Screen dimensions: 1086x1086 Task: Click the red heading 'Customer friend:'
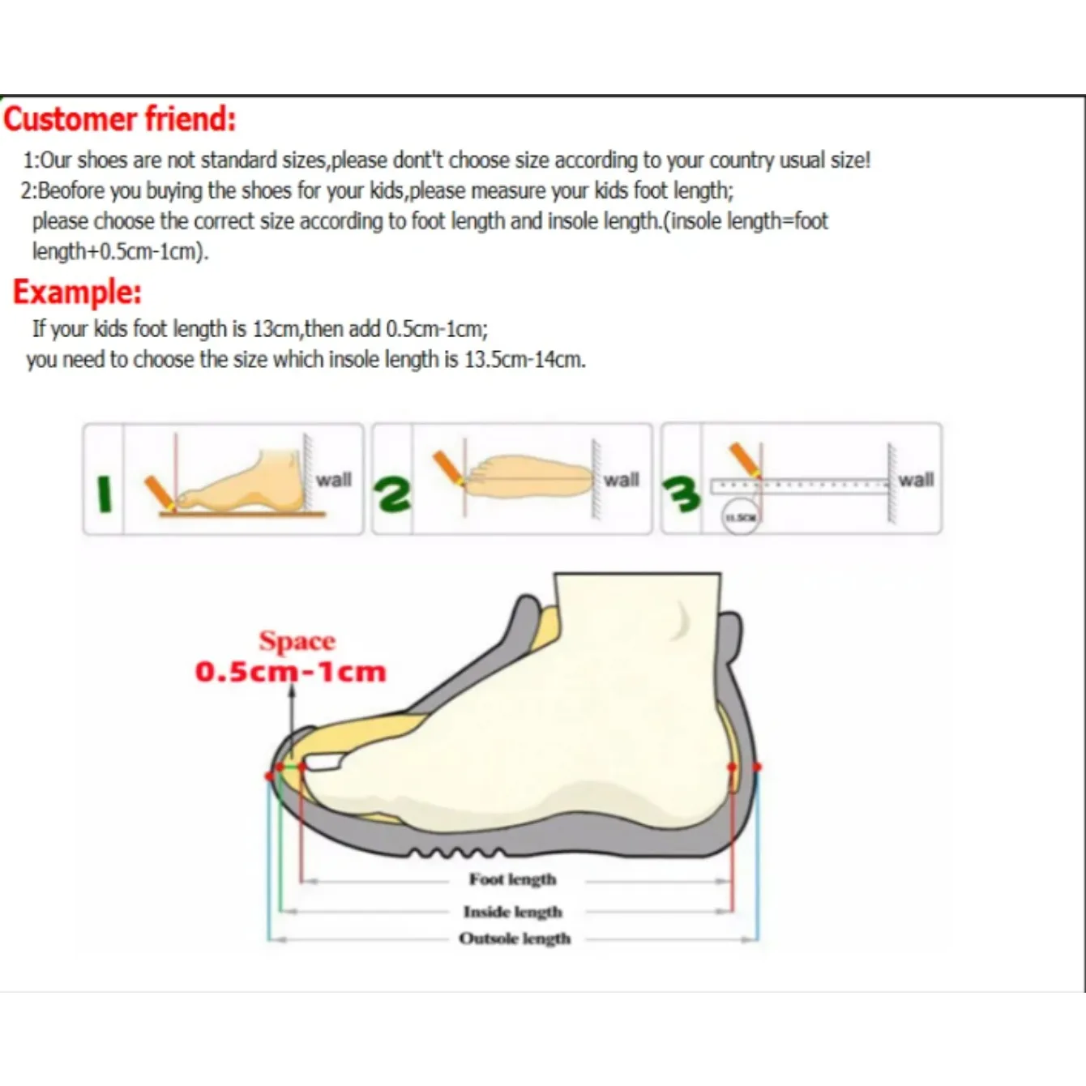(120, 119)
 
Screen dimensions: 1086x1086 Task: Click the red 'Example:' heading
(77, 292)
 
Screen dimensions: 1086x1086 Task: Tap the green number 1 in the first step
(104, 494)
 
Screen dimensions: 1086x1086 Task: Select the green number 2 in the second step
(392, 494)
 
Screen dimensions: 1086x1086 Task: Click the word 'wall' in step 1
(333, 480)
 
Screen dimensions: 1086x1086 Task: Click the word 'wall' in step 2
(621, 480)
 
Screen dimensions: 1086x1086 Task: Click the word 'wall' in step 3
(916, 480)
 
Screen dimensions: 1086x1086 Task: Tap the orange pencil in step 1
(160, 494)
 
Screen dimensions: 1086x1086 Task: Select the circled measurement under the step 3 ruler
(740, 517)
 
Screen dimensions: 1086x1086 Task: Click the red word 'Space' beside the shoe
(297, 641)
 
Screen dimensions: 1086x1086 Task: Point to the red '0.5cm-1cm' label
(290, 672)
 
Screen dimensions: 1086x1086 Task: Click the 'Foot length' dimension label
(512, 879)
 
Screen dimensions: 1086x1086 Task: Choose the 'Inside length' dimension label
(512, 912)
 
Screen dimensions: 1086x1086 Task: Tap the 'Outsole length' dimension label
(515, 938)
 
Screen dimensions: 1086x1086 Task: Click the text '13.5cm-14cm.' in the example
(524, 359)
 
